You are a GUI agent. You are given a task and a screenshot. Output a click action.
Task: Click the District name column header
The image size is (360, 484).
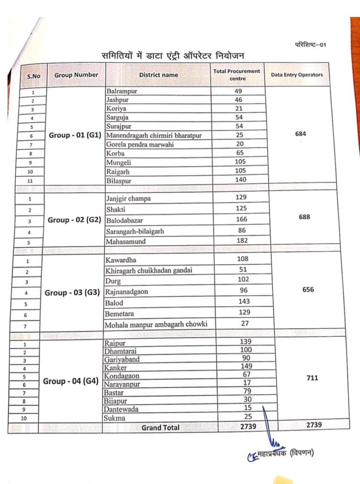point(158,75)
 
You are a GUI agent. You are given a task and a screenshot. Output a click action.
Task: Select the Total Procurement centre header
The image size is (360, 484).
point(237,75)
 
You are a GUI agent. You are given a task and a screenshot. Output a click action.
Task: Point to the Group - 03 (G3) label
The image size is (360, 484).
point(72,293)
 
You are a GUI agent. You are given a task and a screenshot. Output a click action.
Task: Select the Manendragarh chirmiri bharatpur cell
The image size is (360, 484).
point(154,136)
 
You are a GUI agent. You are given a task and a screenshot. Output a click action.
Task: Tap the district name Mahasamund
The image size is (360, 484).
point(126,242)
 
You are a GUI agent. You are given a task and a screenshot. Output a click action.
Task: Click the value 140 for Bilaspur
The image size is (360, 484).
point(241,180)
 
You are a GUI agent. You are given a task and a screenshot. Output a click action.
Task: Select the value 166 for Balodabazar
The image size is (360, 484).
point(242,219)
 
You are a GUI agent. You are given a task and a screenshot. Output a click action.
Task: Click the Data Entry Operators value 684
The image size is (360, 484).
point(300,134)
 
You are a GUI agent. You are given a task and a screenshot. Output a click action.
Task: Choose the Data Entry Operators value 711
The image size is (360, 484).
point(312,378)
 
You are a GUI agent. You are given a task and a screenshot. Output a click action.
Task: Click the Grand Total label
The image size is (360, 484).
point(161,427)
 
